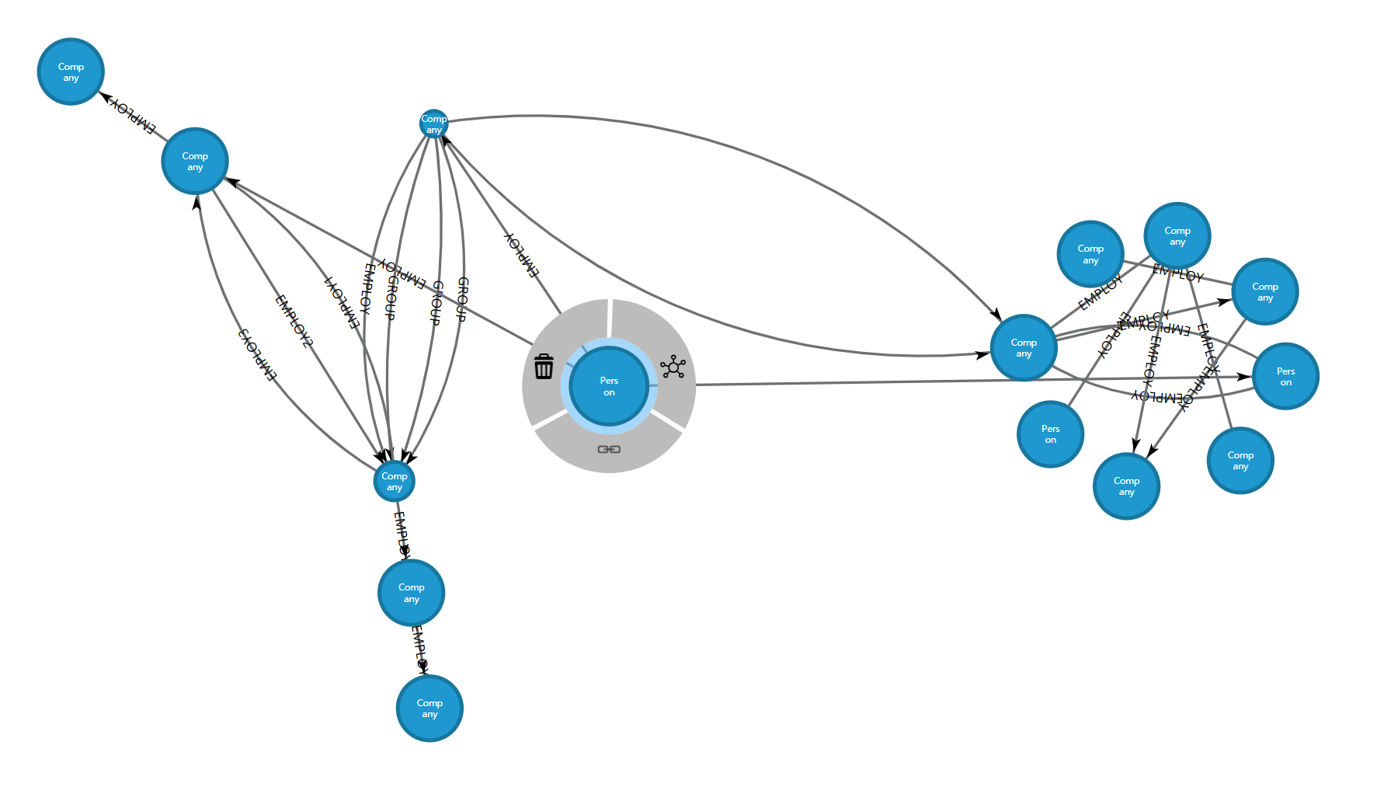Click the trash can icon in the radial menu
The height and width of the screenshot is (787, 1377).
(544, 366)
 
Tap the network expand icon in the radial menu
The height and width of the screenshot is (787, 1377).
(673, 367)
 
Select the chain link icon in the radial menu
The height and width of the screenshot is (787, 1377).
(609, 449)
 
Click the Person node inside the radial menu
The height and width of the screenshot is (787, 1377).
(609, 386)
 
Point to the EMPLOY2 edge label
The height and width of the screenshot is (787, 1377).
(294, 321)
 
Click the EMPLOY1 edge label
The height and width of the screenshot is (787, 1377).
(342, 303)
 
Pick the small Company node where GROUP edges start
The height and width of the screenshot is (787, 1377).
(433, 124)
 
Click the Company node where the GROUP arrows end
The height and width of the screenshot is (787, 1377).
(395, 482)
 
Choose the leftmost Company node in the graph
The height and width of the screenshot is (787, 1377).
(71, 71)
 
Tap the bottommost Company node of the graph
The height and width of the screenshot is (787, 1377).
(429, 709)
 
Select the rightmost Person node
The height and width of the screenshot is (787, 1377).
(1286, 376)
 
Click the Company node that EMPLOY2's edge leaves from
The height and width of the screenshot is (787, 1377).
(195, 161)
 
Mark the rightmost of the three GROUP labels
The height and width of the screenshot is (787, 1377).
(462, 299)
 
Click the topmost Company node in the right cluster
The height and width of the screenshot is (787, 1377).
(1177, 235)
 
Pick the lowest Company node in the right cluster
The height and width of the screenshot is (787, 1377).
(1126, 486)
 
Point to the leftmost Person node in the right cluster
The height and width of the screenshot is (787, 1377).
(1050, 434)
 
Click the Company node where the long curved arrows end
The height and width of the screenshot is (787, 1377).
(1024, 347)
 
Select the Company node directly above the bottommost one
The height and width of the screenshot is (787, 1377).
(412, 593)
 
